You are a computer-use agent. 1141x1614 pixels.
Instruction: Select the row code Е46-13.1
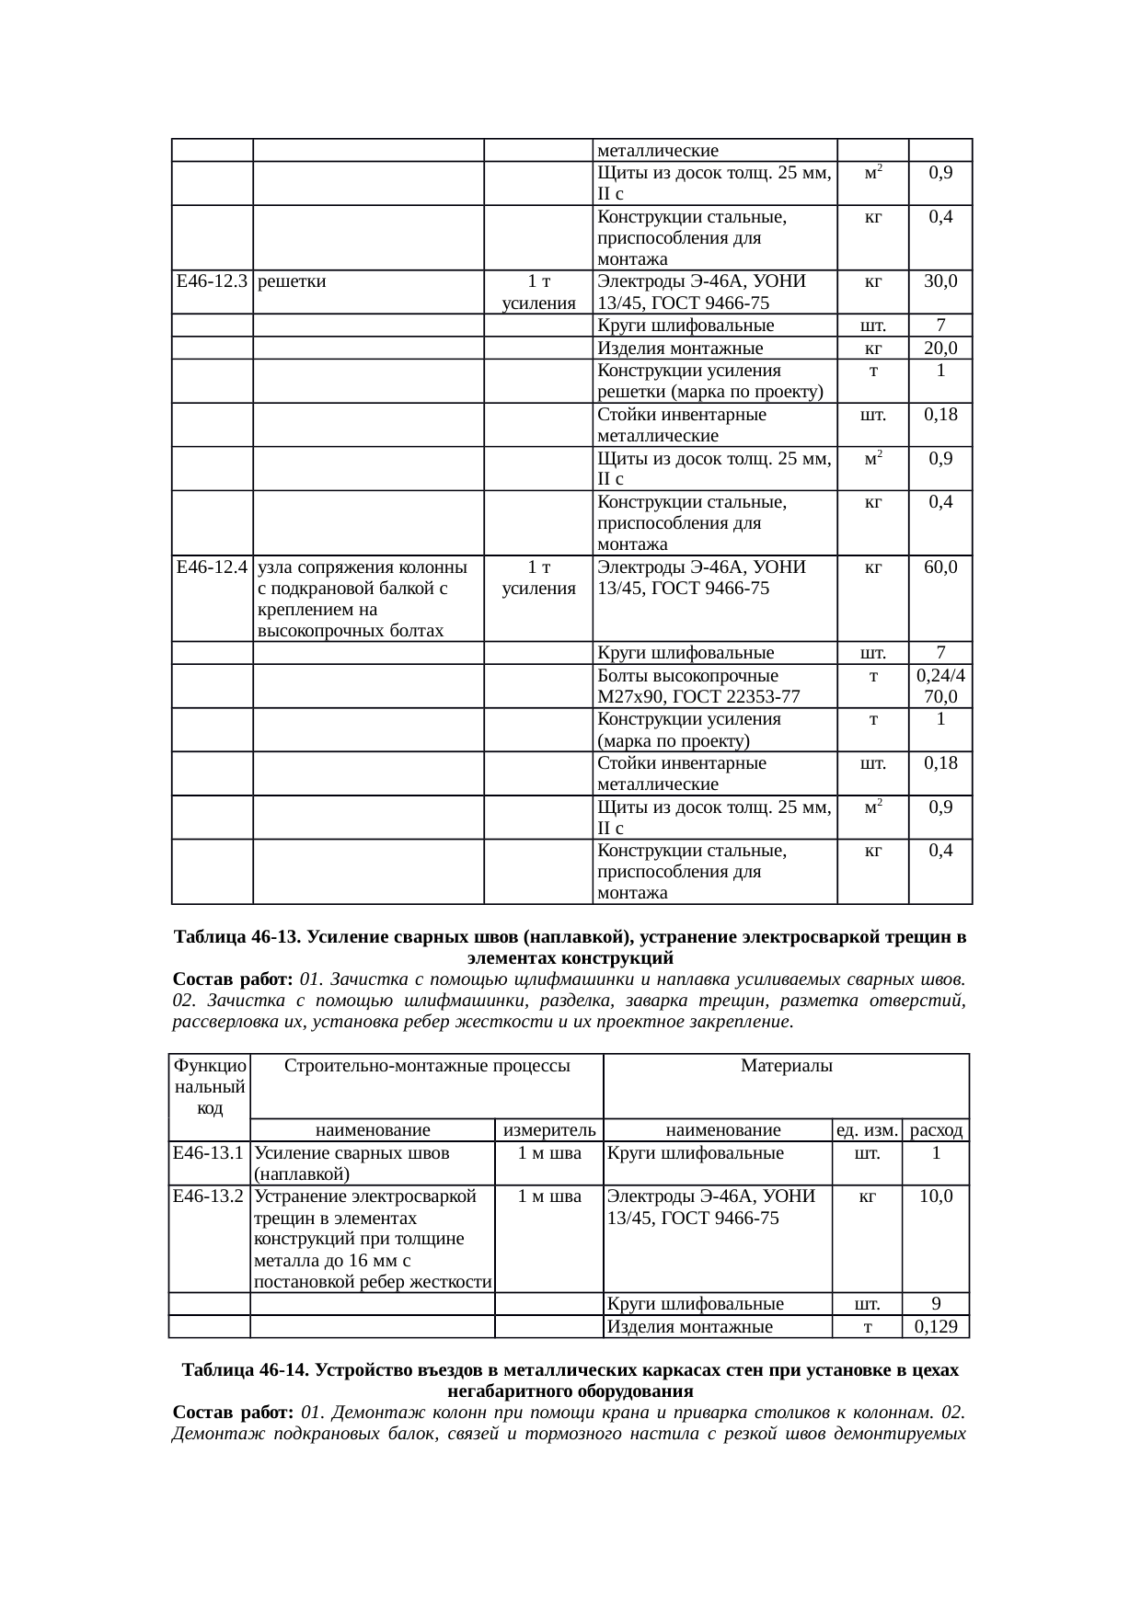[x=209, y=1153]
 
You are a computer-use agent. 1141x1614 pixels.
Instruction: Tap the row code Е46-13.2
[x=209, y=1196]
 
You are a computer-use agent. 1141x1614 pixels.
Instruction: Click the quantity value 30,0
[x=940, y=281]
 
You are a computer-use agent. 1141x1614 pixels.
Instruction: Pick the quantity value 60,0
[x=940, y=567]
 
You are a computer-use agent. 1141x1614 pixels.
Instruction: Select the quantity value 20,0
[x=940, y=349]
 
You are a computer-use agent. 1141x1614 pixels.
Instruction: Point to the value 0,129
[x=936, y=1327]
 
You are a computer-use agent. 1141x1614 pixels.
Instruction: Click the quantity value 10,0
[x=936, y=1196]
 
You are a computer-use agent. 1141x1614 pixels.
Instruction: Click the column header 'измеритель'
[x=549, y=1130]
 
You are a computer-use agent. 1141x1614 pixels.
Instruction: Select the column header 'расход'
[x=936, y=1130]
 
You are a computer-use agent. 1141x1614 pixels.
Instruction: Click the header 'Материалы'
[x=787, y=1066]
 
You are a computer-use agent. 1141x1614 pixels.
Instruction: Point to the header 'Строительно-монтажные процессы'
[x=428, y=1066]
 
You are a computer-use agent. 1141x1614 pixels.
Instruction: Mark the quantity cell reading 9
[x=936, y=1303]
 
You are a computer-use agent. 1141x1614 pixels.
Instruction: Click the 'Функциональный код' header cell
[x=210, y=1086]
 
